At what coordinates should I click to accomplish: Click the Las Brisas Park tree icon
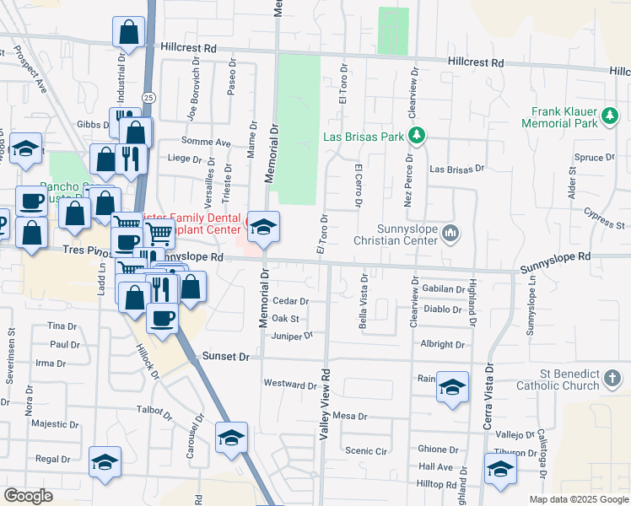click(416, 135)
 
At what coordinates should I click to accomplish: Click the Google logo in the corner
click(28, 495)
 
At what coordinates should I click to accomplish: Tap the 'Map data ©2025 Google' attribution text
click(578, 499)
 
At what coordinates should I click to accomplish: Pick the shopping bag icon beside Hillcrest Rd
click(129, 33)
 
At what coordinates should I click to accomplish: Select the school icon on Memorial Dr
click(263, 227)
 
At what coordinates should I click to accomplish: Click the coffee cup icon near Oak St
click(163, 319)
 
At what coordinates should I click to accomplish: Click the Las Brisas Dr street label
click(456, 169)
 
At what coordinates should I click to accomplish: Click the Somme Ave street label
click(211, 143)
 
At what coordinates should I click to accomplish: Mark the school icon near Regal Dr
click(105, 462)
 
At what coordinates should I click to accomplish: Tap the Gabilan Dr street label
click(444, 288)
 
